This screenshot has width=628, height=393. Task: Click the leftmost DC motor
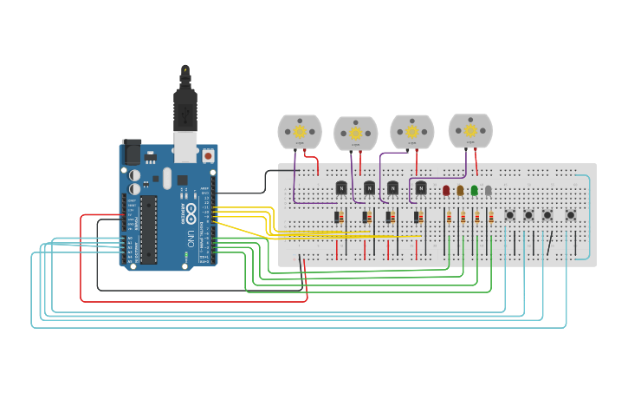[x=300, y=132]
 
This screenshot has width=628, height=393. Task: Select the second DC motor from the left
[x=355, y=134]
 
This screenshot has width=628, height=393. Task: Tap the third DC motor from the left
[x=411, y=132]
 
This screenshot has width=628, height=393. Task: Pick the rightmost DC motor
[x=469, y=131]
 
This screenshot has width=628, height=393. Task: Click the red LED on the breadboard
[x=446, y=190]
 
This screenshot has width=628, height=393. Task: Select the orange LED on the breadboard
[x=460, y=190]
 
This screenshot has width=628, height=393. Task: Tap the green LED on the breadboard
[x=474, y=190]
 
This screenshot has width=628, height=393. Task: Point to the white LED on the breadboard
[x=488, y=190]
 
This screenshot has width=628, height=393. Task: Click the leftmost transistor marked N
[x=341, y=187]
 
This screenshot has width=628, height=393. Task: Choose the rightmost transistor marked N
[x=421, y=187]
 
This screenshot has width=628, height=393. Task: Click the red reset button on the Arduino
[x=208, y=156]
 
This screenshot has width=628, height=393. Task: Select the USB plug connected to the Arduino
[x=185, y=113]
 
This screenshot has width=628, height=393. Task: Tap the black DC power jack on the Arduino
[x=131, y=152]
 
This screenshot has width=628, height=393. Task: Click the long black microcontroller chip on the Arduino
[x=149, y=229]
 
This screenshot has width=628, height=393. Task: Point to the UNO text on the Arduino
[x=190, y=237]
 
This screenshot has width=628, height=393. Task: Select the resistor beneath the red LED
[x=450, y=218]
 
